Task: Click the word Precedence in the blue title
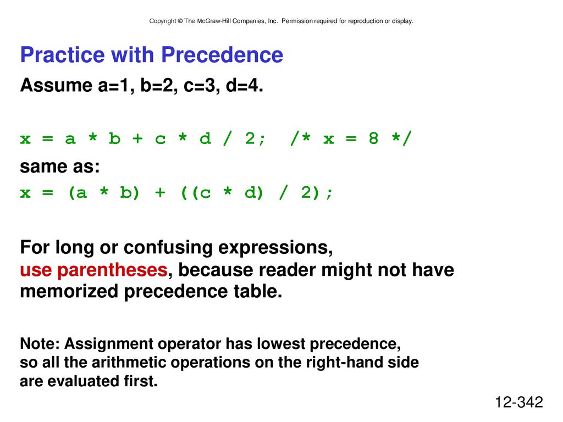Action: coord(222,55)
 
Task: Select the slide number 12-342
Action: coord(519,402)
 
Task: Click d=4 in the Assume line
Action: coord(244,85)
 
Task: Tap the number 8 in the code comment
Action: coord(373,138)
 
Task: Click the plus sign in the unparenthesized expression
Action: coord(137,138)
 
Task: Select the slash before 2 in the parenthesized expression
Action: coord(283,193)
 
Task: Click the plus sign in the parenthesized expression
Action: coord(160,193)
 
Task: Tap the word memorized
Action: coord(69,291)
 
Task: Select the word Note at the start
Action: coord(40,344)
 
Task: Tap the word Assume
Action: coord(56,85)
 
